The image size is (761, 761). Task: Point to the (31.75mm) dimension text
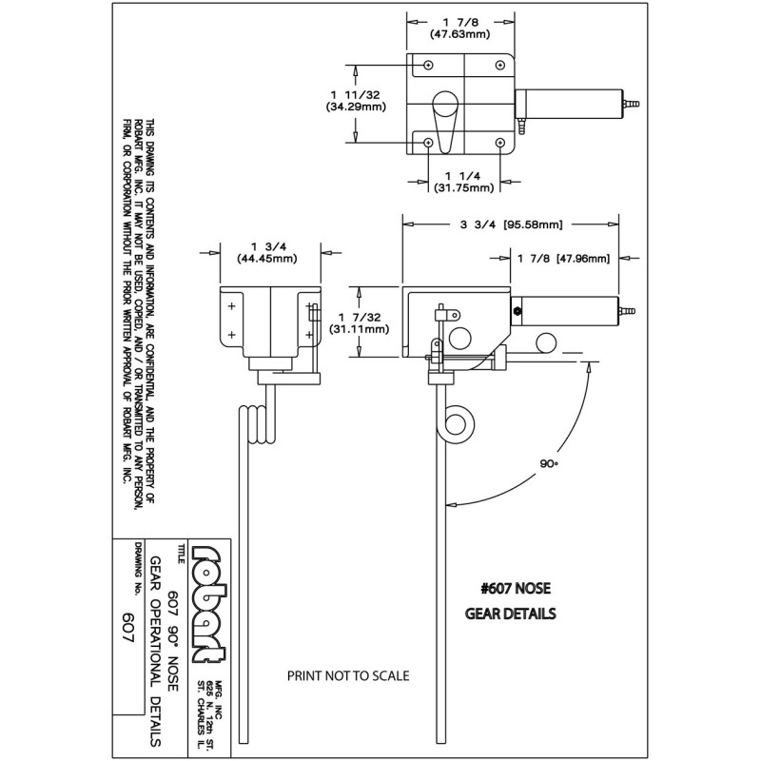click(463, 187)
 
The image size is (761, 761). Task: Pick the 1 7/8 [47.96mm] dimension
click(563, 257)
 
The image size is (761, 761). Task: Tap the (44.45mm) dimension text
click(264, 258)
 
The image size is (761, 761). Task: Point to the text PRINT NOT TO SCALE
click(347, 676)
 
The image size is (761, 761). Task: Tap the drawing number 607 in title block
click(128, 627)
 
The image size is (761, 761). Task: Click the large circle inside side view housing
click(460, 338)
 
